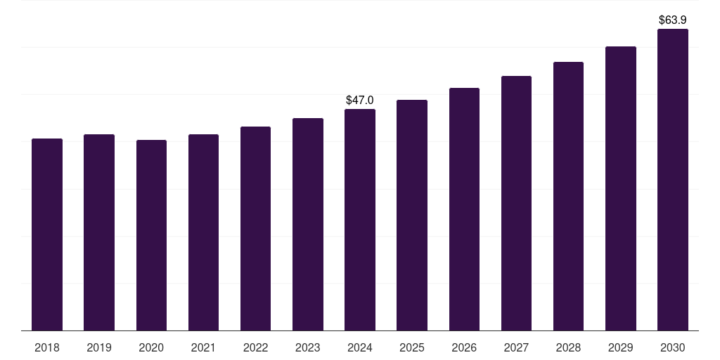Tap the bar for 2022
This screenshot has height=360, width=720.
point(255,229)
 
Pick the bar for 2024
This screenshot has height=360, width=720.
point(360,219)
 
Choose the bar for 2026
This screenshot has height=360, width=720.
point(464,209)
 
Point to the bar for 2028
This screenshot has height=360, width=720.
point(568,196)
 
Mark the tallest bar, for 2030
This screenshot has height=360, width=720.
point(672,179)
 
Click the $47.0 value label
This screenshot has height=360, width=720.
point(360,101)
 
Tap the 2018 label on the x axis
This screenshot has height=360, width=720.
point(47,347)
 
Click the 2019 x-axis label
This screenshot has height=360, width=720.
point(99,347)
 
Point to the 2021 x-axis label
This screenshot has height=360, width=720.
point(203,347)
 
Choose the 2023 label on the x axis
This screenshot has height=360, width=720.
point(308,347)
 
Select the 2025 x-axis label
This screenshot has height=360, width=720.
point(412,347)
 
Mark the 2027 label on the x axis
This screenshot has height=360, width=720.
point(516,347)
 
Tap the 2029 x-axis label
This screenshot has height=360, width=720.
point(620,347)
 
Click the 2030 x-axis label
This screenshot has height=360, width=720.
point(672,347)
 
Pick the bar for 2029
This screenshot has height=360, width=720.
point(620,188)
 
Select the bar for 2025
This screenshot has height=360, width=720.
point(412,215)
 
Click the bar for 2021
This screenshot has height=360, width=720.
point(203,232)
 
